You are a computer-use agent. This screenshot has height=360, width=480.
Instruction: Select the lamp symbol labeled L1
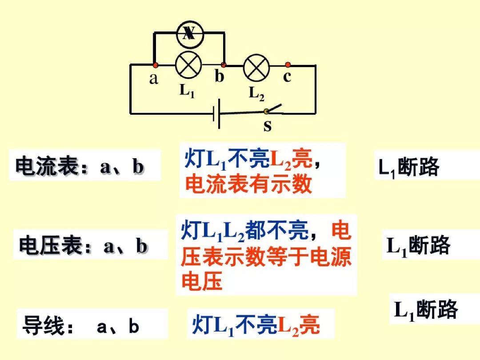tap(189, 65)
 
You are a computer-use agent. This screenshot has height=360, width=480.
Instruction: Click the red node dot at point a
tap(155, 65)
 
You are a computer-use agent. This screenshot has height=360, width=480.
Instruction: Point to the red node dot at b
tap(224, 65)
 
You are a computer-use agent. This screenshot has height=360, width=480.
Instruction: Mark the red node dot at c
tap(288, 65)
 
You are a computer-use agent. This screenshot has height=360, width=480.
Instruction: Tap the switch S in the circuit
tap(272, 109)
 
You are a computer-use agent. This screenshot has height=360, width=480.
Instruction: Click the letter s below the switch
tap(267, 126)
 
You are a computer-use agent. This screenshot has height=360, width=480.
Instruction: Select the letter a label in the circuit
tap(154, 79)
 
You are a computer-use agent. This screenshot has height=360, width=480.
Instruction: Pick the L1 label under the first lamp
tap(187, 91)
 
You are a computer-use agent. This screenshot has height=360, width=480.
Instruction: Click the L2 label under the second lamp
tap(256, 94)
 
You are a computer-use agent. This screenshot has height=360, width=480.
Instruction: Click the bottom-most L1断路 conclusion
tap(426, 309)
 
